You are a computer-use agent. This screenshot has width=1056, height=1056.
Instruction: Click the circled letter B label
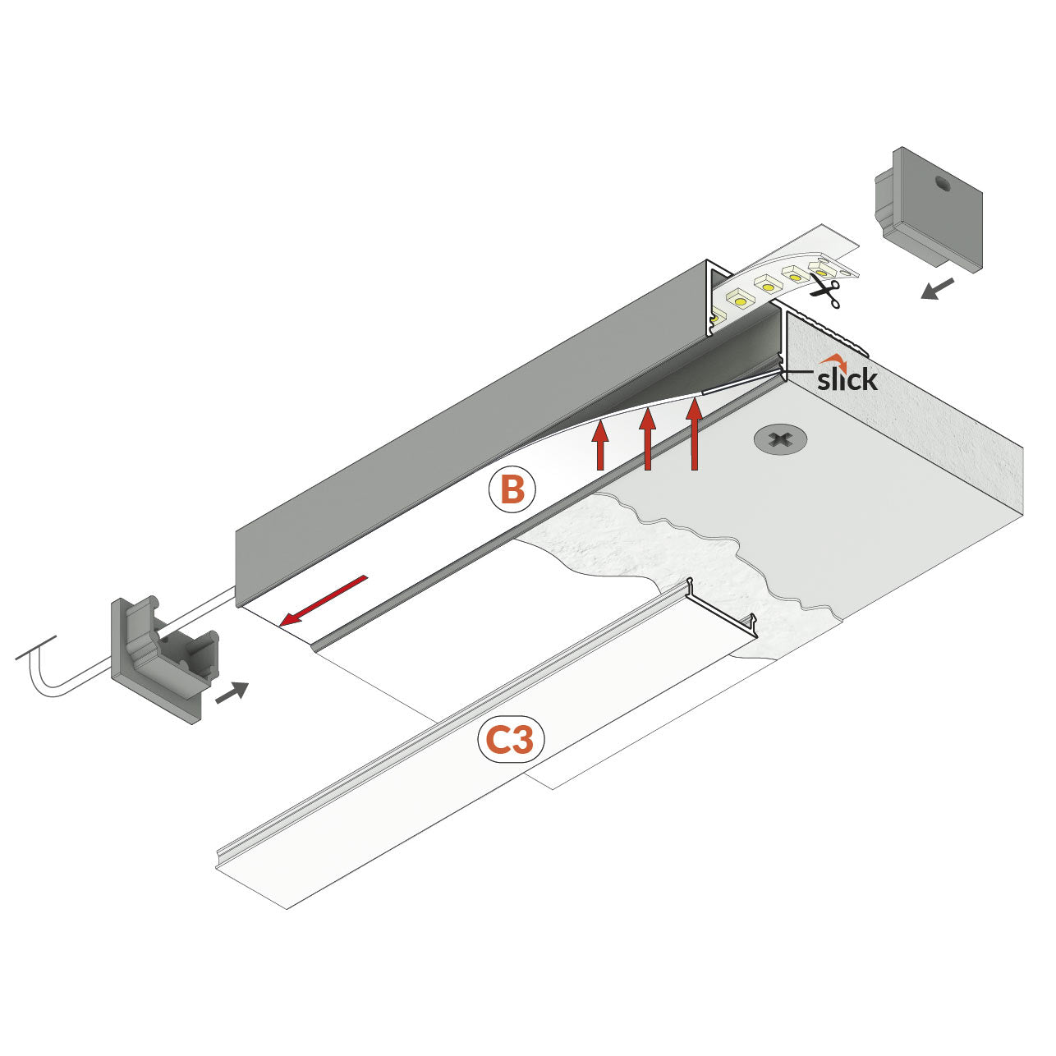point(512,490)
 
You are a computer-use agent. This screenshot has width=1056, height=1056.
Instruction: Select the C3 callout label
point(511,740)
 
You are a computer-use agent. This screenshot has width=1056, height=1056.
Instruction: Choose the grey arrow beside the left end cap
point(231,692)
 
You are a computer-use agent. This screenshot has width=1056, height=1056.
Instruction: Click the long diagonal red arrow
point(323,600)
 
